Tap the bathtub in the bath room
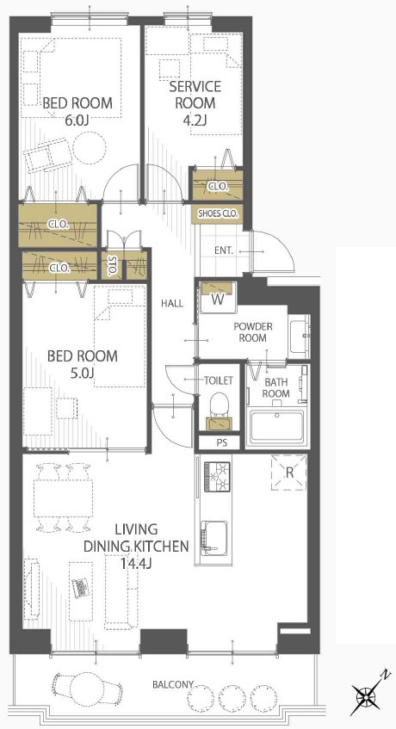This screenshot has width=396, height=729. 276,426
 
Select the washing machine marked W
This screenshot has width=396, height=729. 218,298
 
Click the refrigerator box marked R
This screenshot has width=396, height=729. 289,473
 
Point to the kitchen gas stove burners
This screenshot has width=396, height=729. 218,477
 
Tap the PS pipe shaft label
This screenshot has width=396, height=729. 222,443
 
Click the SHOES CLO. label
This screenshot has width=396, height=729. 218,213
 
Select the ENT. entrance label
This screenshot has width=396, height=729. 224,250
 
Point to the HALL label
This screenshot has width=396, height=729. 172,304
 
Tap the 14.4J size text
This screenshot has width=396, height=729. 136,564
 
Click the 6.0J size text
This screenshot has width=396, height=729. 77,120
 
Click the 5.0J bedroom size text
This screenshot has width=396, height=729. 83,373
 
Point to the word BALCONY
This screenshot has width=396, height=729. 173,684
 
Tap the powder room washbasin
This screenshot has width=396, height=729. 300,334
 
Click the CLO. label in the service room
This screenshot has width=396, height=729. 218,187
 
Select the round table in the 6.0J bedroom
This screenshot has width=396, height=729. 90,147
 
